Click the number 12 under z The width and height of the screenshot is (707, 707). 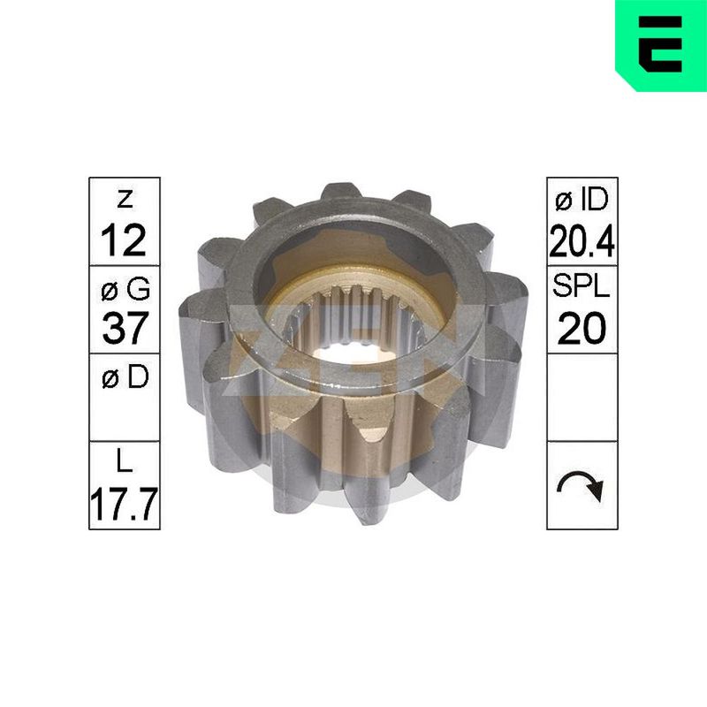(x=124, y=240)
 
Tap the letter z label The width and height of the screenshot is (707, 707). (x=125, y=200)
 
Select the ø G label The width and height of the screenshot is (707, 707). (x=125, y=289)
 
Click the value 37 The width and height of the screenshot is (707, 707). (x=125, y=328)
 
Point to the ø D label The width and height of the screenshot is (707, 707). (x=125, y=377)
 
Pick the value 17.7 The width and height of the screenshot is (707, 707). (x=125, y=504)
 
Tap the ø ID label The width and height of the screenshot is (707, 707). (x=582, y=201)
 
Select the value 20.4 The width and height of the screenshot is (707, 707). (x=582, y=240)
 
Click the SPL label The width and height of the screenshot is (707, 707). (x=582, y=285)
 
